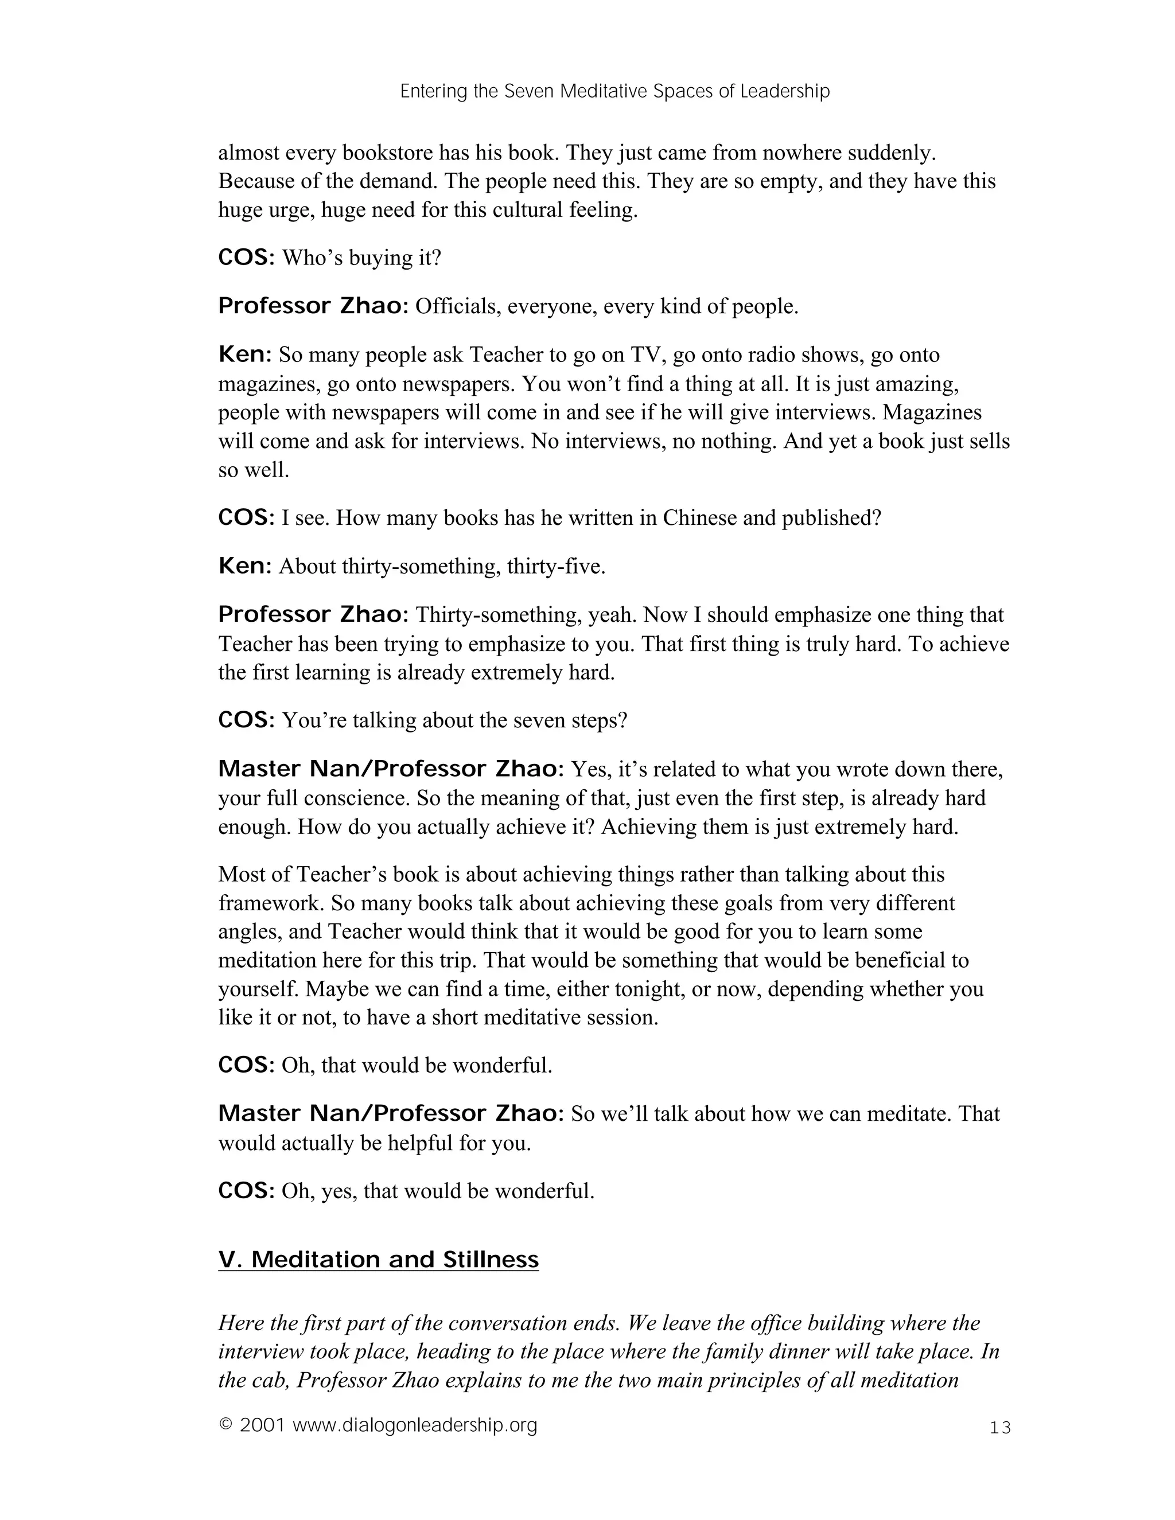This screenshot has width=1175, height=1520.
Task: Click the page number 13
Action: point(999,1428)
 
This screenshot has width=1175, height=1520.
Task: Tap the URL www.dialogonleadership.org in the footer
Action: point(415,1425)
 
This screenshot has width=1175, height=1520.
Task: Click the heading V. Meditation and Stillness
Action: point(378,1260)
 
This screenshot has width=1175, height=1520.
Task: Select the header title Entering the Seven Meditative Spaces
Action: point(614,91)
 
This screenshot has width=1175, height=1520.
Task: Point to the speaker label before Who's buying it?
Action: point(246,258)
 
